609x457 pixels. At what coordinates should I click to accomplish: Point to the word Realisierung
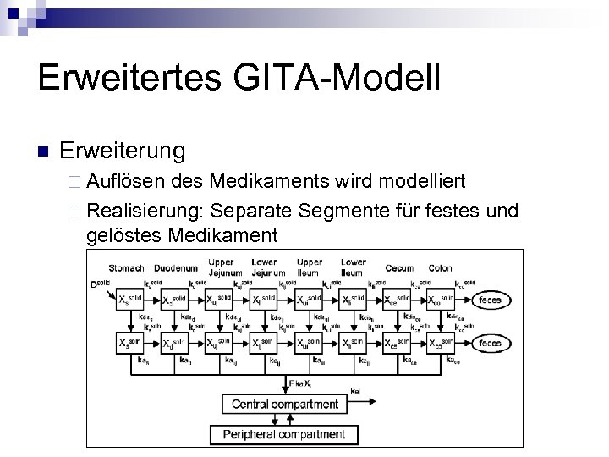tap(145, 209)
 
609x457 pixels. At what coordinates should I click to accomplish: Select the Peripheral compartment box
tap(284, 434)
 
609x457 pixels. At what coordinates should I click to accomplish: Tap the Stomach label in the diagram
tap(127, 268)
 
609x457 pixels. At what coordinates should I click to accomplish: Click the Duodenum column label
tap(176, 268)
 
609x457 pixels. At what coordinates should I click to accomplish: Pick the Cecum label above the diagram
tap(399, 268)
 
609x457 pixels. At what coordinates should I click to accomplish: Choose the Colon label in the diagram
tap(440, 268)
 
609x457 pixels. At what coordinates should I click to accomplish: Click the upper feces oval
tap(490, 300)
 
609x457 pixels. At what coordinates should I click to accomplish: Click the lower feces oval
tap(490, 343)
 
